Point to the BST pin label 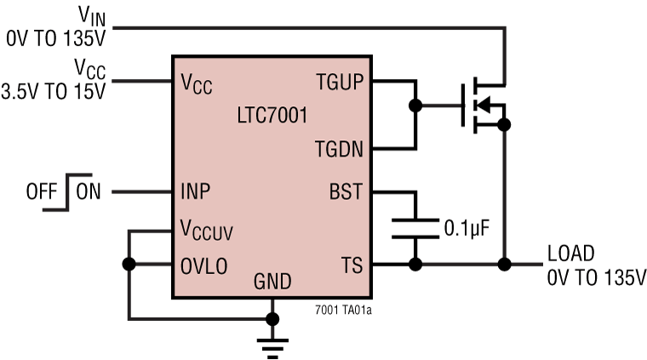(x=346, y=192)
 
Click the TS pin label (x=351, y=265)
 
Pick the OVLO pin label (x=203, y=265)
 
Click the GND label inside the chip (x=272, y=282)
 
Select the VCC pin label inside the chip (x=196, y=83)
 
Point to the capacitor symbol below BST (x=415, y=227)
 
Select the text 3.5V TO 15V (x=53, y=91)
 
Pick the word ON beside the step (x=88, y=191)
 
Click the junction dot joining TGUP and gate (x=415, y=106)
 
